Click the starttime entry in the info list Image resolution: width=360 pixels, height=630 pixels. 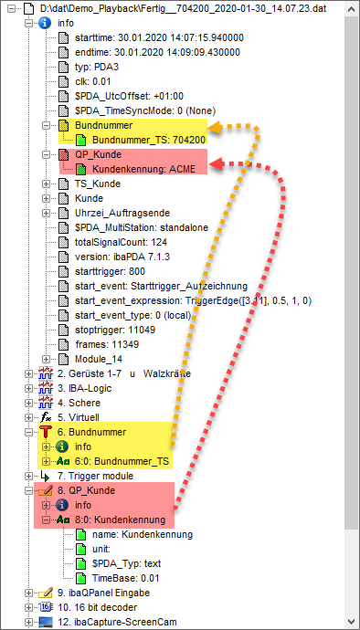click(159, 38)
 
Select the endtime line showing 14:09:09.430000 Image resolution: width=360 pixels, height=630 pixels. click(158, 53)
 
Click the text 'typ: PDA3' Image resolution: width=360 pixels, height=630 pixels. click(96, 67)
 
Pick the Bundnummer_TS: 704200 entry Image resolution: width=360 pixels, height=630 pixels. click(149, 140)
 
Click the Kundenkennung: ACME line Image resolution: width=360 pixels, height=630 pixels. click(143, 169)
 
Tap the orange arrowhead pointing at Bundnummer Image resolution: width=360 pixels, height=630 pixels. click(216, 127)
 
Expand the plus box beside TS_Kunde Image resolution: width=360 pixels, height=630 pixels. click(46, 184)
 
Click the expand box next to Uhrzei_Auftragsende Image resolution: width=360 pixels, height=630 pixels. click(46, 213)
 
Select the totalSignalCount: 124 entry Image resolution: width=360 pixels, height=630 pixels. click(121, 242)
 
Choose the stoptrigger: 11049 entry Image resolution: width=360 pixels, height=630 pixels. click(116, 330)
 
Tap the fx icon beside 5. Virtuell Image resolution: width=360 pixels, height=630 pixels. click(48, 417)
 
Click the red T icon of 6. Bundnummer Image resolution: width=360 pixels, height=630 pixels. click(46, 432)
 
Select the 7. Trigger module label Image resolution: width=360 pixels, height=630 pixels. click(95, 476)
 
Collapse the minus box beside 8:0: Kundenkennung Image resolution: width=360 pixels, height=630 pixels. click(46, 520)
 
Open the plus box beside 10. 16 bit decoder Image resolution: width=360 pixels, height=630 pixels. click(28, 607)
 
